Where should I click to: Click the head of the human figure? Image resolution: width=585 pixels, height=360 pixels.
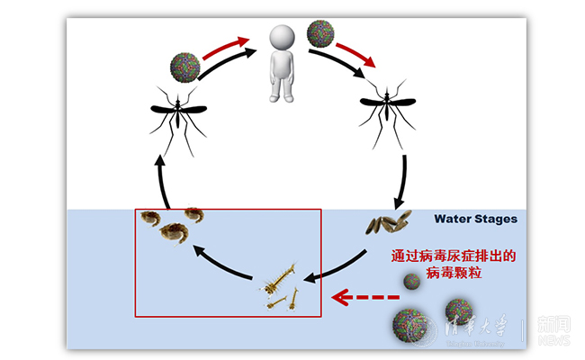click(x=284, y=38)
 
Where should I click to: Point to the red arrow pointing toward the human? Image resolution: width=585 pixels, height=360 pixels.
click(x=227, y=44)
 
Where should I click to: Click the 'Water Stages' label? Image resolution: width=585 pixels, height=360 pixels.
click(x=475, y=219)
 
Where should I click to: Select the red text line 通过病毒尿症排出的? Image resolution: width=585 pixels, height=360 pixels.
click(x=452, y=256)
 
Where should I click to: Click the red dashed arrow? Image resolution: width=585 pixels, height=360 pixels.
click(x=364, y=296)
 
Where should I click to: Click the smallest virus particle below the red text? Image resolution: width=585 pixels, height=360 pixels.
click(x=411, y=282)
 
